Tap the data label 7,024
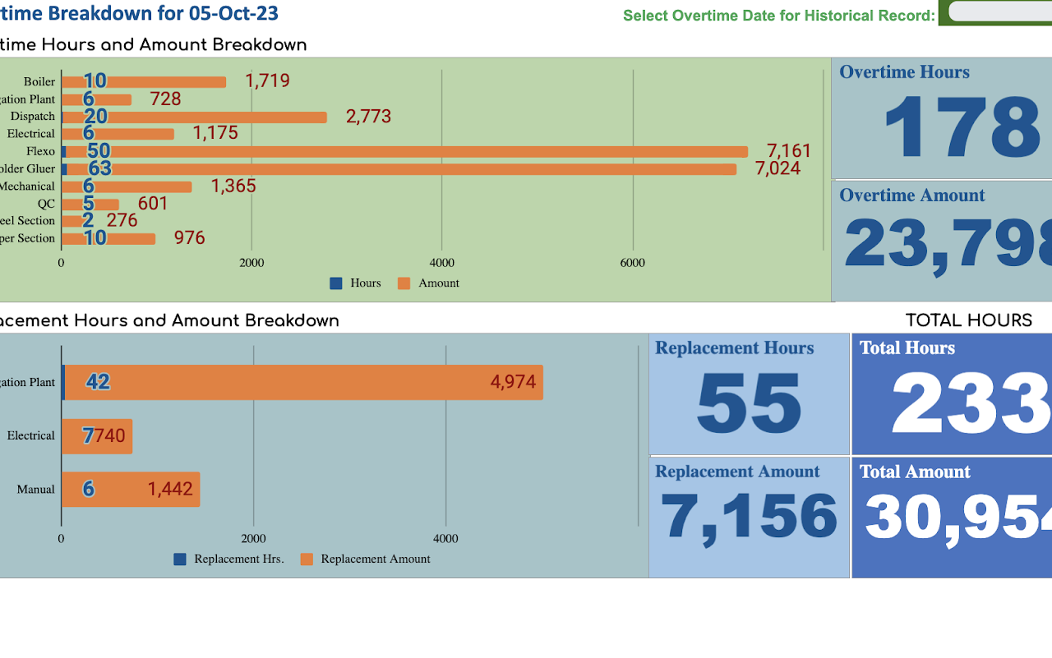777,168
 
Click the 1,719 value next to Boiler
267,81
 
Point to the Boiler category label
39,81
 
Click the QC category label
46,204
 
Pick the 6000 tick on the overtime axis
632,263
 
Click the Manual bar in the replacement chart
131,490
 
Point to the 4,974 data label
513,382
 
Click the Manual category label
36,490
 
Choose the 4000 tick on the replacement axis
445,539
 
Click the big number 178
961,128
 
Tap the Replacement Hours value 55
749,403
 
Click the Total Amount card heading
915,472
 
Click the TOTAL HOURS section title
968,320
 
